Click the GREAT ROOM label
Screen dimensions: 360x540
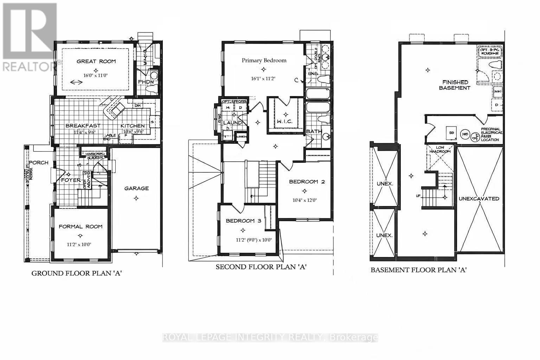pyautogui.click(x=96, y=62)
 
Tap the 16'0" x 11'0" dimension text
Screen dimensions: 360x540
pyautogui.click(x=96, y=75)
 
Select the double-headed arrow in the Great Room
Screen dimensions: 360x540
pyautogui.click(x=76, y=83)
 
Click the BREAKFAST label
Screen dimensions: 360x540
pyautogui.click(x=83, y=126)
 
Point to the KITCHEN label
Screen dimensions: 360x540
pyautogui.click(x=133, y=126)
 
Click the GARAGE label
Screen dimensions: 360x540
pyautogui.click(x=136, y=188)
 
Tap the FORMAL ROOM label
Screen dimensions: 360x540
pyautogui.click(x=81, y=226)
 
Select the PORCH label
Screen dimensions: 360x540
pyautogui.click(x=39, y=163)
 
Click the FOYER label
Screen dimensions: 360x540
pyautogui.click(x=71, y=180)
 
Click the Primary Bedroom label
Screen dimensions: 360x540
pyautogui.click(x=264, y=60)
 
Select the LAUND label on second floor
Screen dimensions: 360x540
pyautogui.click(x=232, y=123)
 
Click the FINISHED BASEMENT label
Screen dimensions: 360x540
pyautogui.click(x=455, y=85)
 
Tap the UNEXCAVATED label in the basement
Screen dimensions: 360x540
pyautogui.click(x=479, y=199)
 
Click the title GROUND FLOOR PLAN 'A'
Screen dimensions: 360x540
pyautogui.click(x=77, y=273)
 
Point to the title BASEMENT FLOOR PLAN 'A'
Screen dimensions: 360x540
pyautogui.click(x=418, y=270)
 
